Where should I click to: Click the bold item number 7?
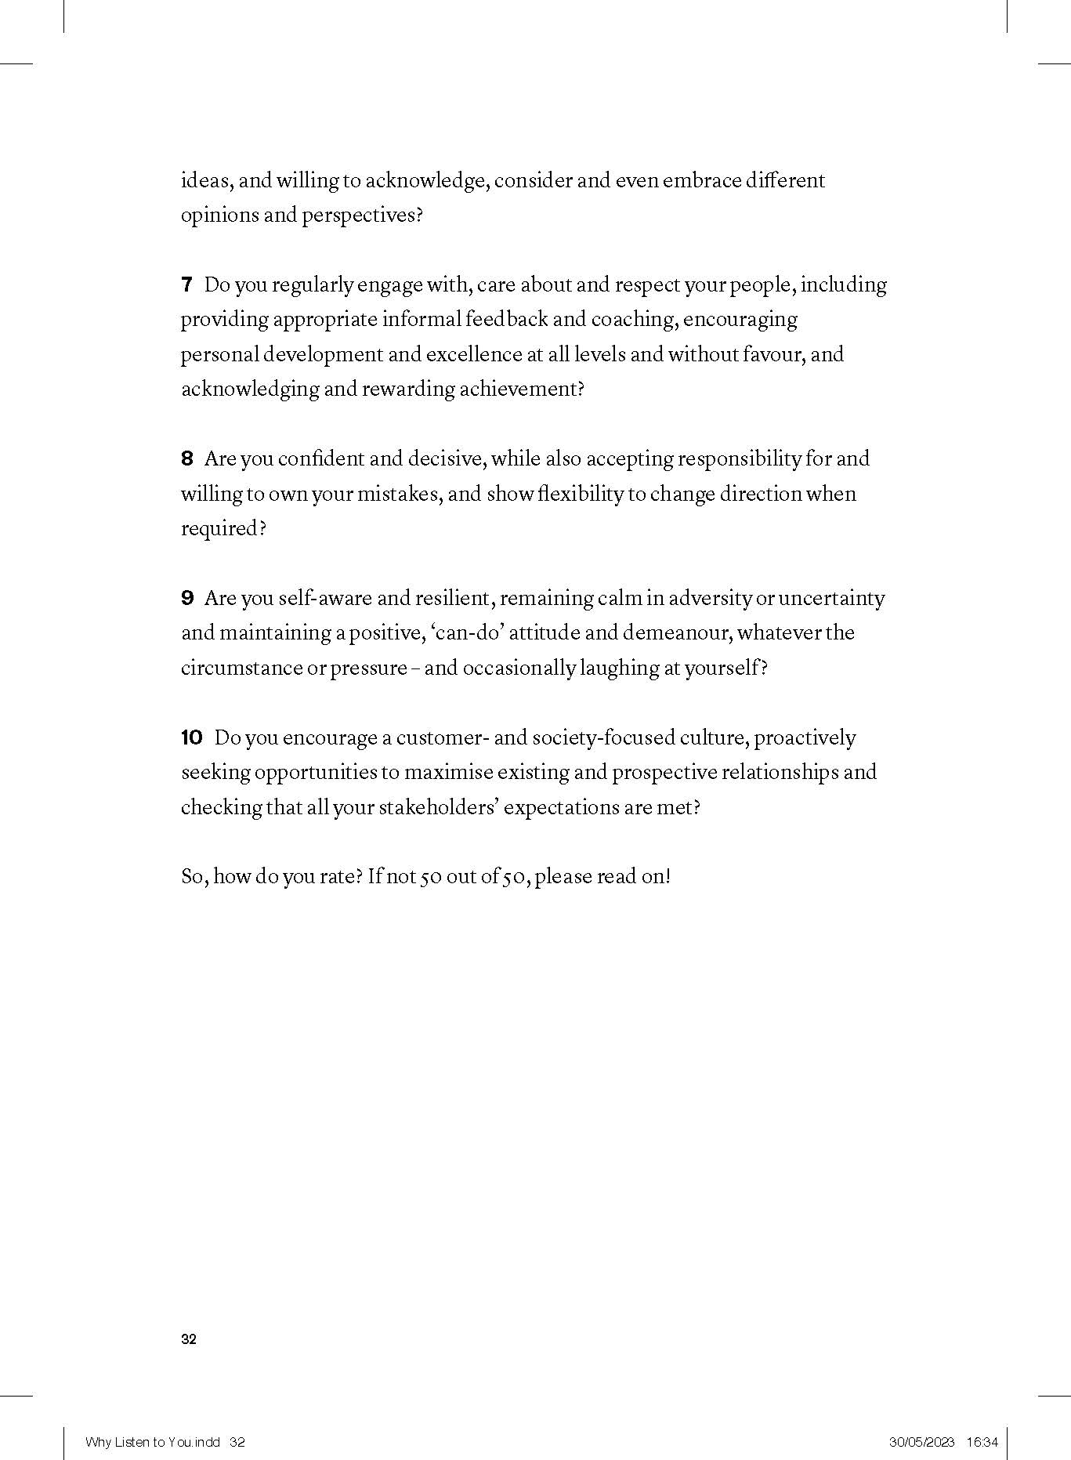point(186,285)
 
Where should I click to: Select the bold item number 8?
point(186,459)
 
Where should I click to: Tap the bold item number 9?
point(186,599)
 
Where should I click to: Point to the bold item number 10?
point(191,738)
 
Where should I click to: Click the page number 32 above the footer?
point(189,1339)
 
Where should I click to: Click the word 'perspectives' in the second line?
point(359,216)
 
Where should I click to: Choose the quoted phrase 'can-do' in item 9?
point(467,633)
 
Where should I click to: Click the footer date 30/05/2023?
point(921,1442)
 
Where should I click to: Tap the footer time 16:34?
point(982,1442)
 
